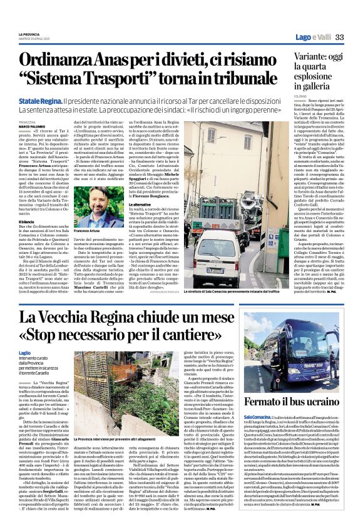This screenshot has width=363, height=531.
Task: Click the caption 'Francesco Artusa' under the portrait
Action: (x=88, y=231)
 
